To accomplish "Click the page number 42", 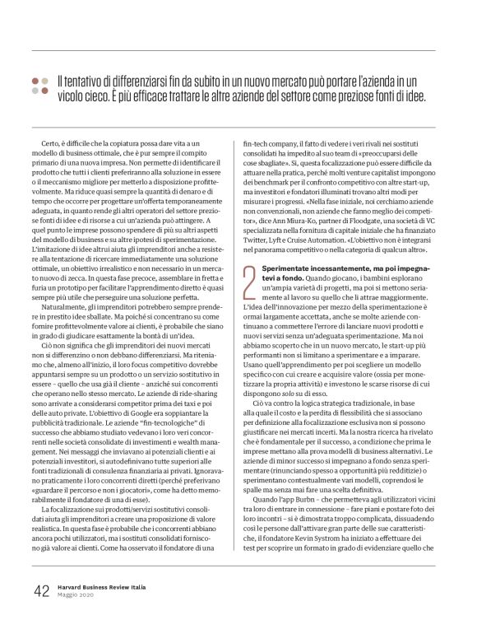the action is click(x=42, y=591).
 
